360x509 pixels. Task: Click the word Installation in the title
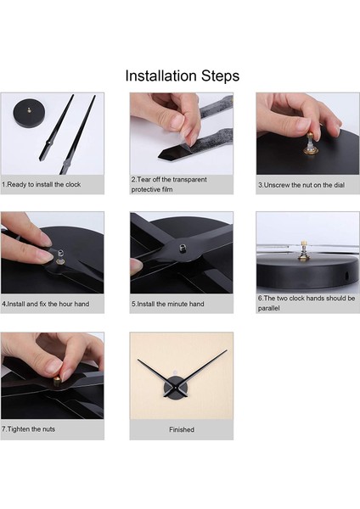pyautogui.click(x=161, y=76)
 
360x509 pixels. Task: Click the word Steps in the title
pyautogui.click(x=220, y=76)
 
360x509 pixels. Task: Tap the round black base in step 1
pyautogui.click(x=30, y=114)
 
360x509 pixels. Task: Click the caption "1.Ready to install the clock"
pyautogui.click(x=42, y=184)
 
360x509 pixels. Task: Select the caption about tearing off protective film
pyautogui.click(x=169, y=184)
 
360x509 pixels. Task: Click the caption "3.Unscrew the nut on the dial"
pyautogui.click(x=301, y=185)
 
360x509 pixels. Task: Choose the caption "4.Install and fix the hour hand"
pyautogui.click(x=46, y=305)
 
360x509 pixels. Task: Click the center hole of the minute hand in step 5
pyautogui.click(x=183, y=249)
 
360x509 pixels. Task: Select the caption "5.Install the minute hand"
pyautogui.click(x=167, y=305)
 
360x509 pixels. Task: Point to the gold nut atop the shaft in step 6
pyautogui.click(x=304, y=243)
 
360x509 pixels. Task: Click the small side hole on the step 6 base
pyautogui.click(x=346, y=277)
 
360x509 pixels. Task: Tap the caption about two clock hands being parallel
pyautogui.click(x=307, y=303)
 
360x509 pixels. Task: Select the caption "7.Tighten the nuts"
pyautogui.click(x=28, y=429)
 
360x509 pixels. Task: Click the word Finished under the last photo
pyautogui.click(x=182, y=429)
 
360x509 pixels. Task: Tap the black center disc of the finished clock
pyautogui.click(x=176, y=388)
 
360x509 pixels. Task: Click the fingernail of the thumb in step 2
pyautogui.click(x=177, y=122)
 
